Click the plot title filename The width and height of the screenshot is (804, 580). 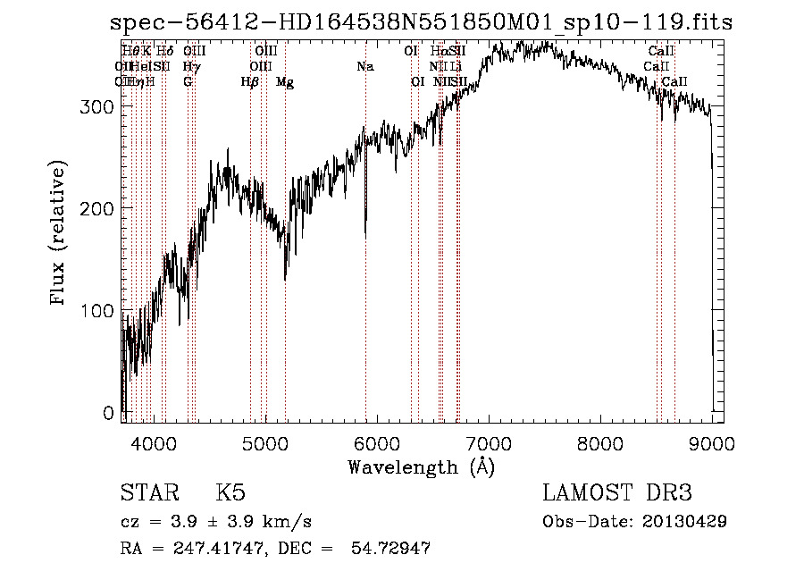point(420,23)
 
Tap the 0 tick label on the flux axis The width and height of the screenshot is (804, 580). point(109,413)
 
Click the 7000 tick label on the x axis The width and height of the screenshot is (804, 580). point(489,442)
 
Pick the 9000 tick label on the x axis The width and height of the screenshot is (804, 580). point(712,442)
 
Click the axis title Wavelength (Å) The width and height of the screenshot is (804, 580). point(421,467)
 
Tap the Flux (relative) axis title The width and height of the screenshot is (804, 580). point(60,235)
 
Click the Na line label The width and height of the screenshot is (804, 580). point(364,67)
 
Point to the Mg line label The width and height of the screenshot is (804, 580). point(285,82)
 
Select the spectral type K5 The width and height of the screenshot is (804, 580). point(230,493)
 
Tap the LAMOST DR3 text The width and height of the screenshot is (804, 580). point(617,493)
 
